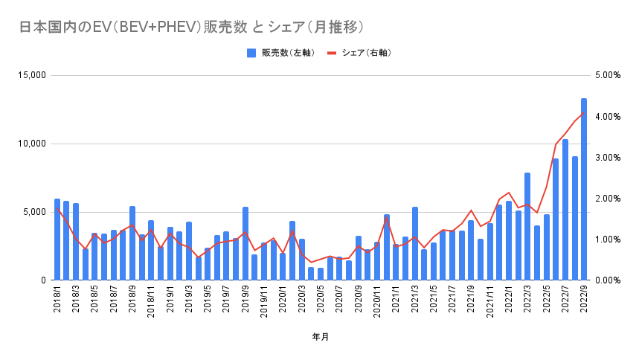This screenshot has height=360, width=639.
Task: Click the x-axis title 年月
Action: (x=320, y=337)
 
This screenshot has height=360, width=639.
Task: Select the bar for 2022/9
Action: (x=584, y=190)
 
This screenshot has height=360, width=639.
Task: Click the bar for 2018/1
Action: (x=57, y=240)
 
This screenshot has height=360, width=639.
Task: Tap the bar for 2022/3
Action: (x=527, y=227)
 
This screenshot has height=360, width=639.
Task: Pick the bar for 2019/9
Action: (x=245, y=244)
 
